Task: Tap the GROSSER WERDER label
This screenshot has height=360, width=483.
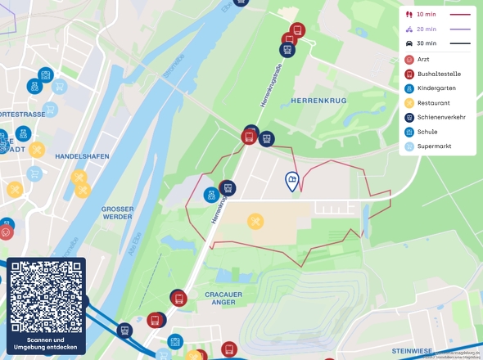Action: click(118, 214)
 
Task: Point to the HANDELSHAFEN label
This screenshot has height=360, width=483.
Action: click(82, 155)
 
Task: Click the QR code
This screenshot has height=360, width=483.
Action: click(46, 295)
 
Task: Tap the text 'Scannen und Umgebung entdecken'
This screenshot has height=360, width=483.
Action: click(46, 344)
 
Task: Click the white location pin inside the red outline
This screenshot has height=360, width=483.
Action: click(291, 181)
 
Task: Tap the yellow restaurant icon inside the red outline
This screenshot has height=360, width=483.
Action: click(255, 221)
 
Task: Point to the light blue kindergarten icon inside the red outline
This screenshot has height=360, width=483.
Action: click(212, 196)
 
